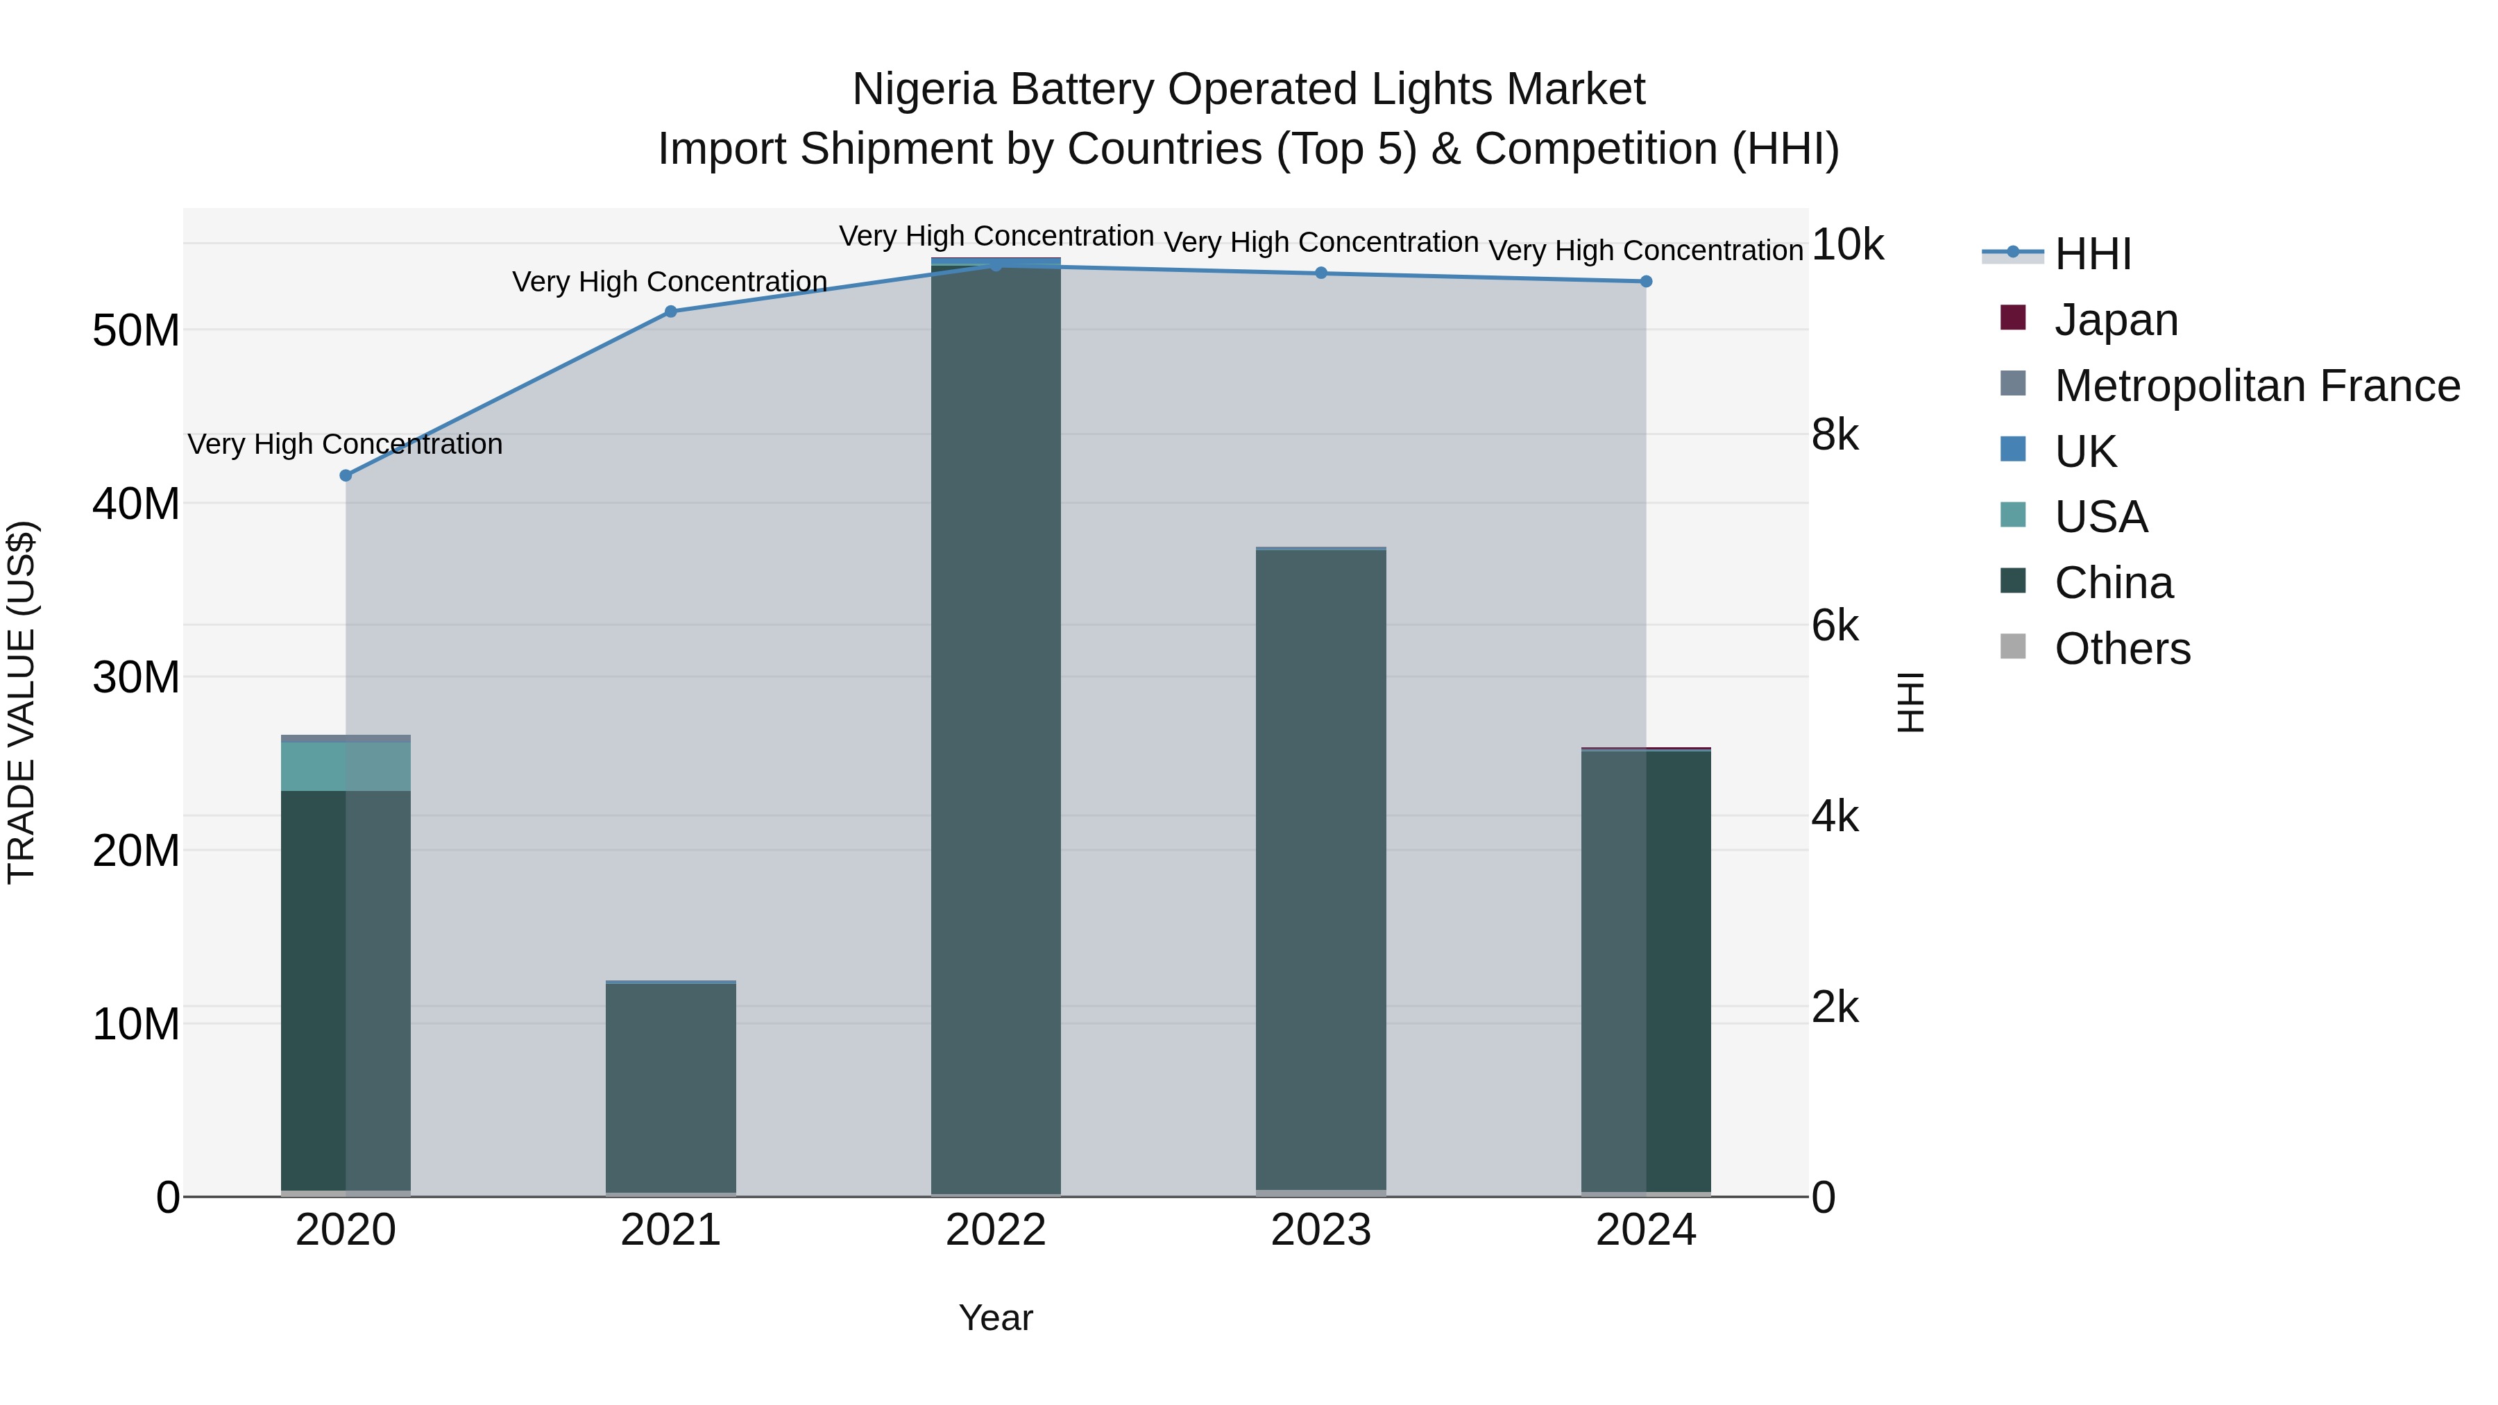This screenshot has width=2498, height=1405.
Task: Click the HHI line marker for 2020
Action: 346,475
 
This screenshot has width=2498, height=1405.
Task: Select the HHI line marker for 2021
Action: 670,312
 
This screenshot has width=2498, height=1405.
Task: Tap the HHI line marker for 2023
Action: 1320,273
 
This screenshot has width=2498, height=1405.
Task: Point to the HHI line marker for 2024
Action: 1646,281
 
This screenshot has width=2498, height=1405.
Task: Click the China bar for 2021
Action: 670,1086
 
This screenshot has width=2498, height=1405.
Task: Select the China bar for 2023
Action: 1320,873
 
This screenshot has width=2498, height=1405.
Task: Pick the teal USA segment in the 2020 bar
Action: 346,766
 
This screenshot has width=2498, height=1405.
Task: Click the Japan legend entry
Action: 2116,320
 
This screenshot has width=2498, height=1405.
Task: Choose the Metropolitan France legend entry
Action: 2257,386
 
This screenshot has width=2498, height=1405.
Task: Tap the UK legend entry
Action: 2085,452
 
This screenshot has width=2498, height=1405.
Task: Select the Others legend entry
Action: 2122,649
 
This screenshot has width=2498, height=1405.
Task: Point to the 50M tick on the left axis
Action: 136,331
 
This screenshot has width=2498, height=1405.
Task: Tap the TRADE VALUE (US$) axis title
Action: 22,702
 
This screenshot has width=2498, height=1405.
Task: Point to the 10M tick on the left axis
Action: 136,1024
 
